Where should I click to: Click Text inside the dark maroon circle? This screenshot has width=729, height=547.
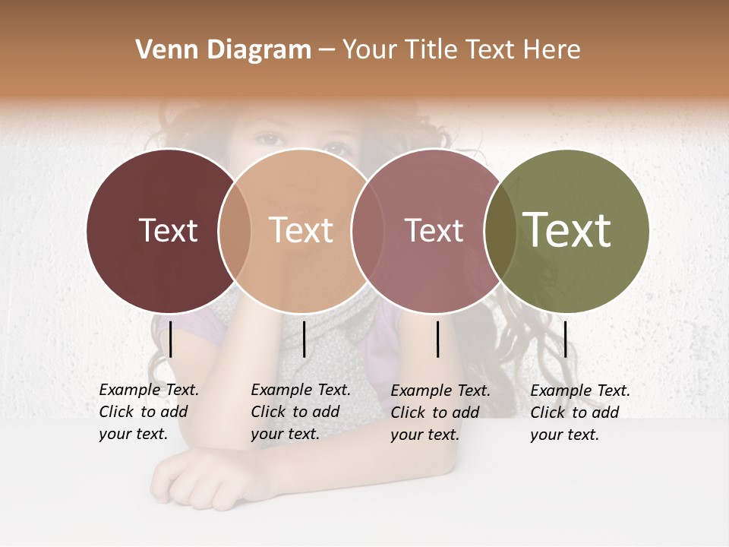[x=168, y=230]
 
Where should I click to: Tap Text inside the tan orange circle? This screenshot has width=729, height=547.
[x=301, y=230]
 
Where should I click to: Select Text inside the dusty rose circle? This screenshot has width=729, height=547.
[x=434, y=230]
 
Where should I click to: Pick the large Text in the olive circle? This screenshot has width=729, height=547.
[x=567, y=229]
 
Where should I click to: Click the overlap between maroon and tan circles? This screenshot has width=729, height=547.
[x=235, y=230]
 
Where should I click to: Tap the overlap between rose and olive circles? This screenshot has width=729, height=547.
[x=500, y=230]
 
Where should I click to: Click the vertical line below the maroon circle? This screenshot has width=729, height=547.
[x=171, y=339]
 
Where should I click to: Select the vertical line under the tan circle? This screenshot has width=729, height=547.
[x=304, y=339]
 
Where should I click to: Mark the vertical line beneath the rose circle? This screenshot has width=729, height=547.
[x=438, y=339]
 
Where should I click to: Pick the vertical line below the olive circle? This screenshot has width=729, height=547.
[x=565, y=339]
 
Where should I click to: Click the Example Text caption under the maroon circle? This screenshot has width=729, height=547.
[x=148, y=412]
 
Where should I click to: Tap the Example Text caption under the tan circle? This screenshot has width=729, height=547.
[x=300, y=412]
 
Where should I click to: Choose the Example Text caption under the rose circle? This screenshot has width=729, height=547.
[x=440, y=413]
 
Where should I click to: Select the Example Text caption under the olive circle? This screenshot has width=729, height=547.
[x=579, y=413]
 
